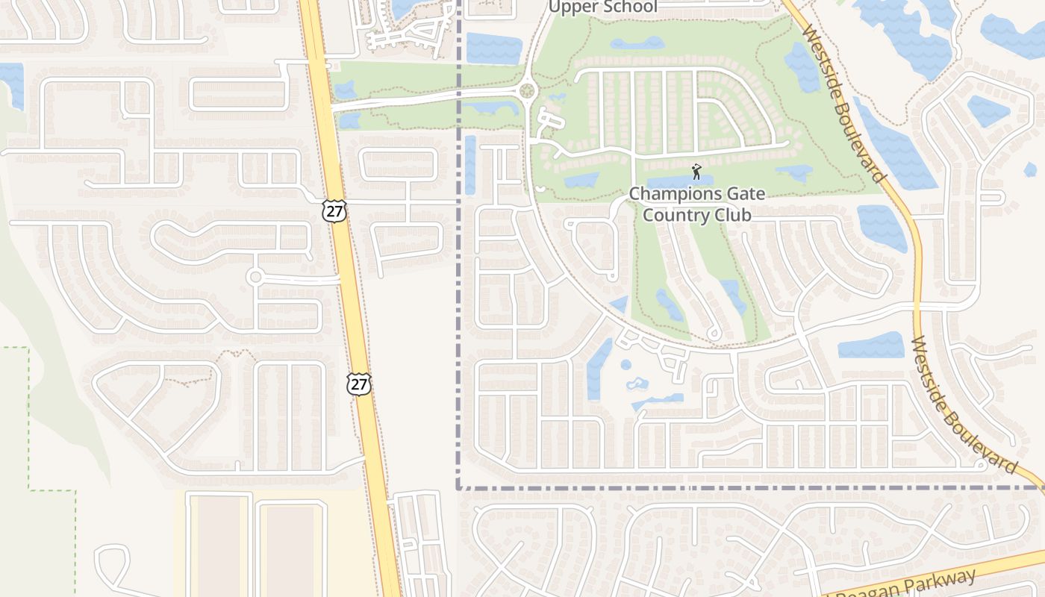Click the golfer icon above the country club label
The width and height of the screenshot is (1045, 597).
[x=696, y=172]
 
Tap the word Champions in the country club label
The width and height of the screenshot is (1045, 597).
[x=666, y=194]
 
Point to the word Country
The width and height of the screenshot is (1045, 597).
[x=670, y=215]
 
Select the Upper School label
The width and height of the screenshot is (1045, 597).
[x=603, y=7]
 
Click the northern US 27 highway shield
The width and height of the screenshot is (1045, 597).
[x=334, y=211]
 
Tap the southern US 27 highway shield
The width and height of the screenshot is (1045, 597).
[x=359, y=384]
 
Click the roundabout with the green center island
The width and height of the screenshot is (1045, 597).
[x=528, y=91]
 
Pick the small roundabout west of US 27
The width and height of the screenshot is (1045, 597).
[x=255, y=277]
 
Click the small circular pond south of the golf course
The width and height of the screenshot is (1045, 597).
[x=626, y=365]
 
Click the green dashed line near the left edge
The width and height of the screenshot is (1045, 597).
[x=29, y=418]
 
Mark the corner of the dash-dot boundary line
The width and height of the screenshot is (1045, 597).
[x=458, y=488]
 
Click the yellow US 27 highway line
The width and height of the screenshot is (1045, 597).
[x=351, y=298]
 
